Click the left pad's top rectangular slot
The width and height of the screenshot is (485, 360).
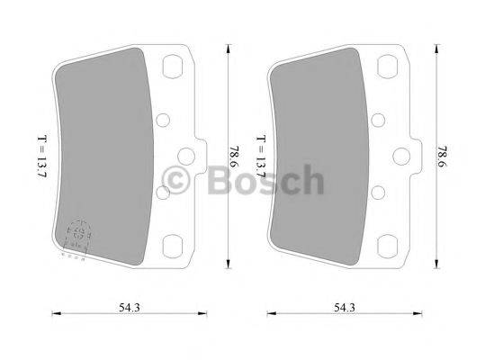click(174, 68)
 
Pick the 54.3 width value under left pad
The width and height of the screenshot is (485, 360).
click(134, 310)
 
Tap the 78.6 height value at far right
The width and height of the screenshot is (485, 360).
click(441, 156)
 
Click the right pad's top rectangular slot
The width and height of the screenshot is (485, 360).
click(388, 68)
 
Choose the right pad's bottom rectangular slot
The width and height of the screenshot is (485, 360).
click(388, 243)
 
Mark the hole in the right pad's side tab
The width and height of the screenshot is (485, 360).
click(407, 156)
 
